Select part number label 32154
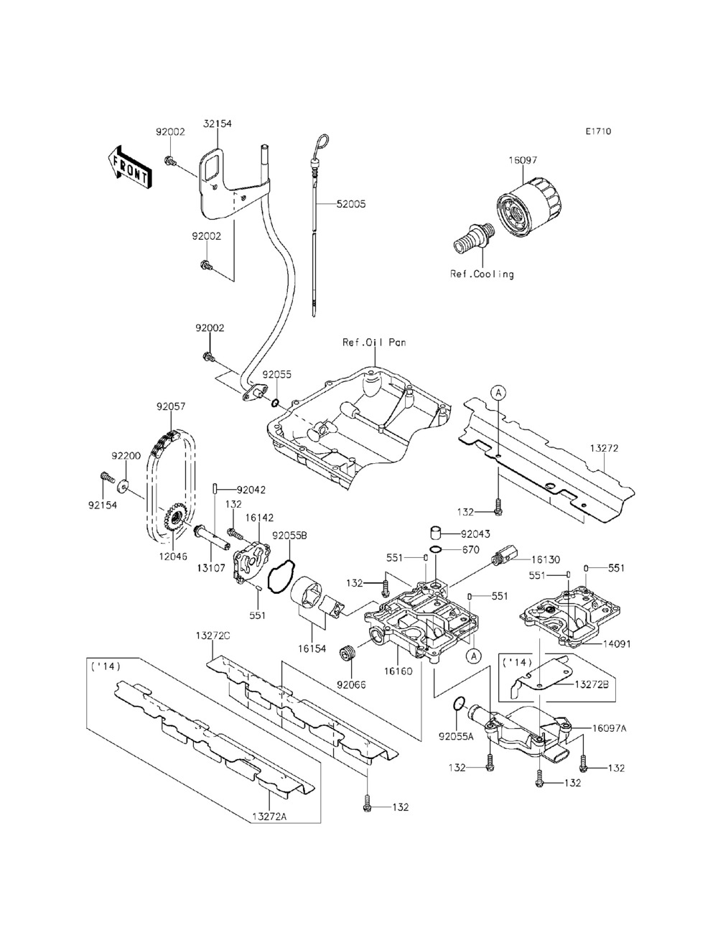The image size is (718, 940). pyautogui.click(x=217, y=124)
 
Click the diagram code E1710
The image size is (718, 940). pyautogui.click(x=598, y=131)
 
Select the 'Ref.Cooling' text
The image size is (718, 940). pyautogui.click(x=482, y=274)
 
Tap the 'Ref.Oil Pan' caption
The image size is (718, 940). pyautogui.click(x=374, y=343)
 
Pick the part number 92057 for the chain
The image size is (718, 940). pyautogui.click(x=171, y=406)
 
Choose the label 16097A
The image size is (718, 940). pyautogui.click(x=610, y=727)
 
